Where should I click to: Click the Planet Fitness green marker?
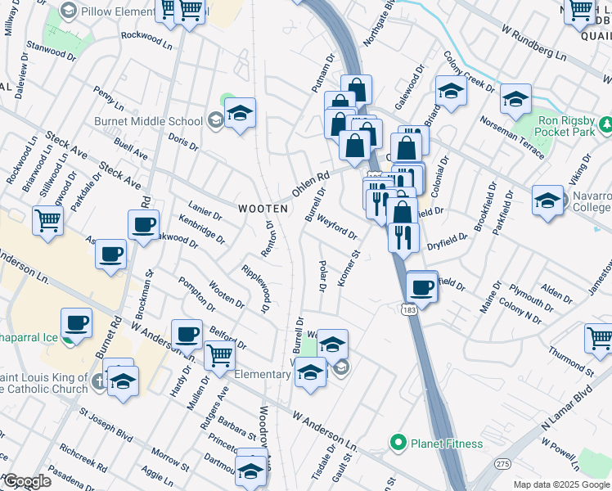(x=398, y=444)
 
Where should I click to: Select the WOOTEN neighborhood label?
(x=263, y=209)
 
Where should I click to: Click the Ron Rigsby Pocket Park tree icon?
(x=606, y=124)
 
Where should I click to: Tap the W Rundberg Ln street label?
(x=533, y=47)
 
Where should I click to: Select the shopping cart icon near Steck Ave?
(x=48, y=218)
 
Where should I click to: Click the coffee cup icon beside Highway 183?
(x=422, y=286)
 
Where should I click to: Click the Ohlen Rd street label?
(x=310, y=187)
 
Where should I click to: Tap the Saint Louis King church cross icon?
(x=98, y=380)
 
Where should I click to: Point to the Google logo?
(x=27, y=481)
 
